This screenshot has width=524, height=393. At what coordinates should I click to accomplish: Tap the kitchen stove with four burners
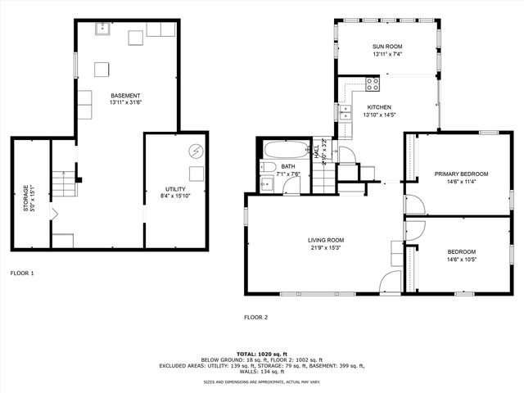(372, 83)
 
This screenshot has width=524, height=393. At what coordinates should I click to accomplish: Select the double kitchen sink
(346, 95)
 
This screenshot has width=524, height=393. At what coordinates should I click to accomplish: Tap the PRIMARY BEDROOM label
(461, 174)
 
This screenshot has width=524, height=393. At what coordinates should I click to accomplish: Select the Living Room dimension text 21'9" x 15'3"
(325, 247)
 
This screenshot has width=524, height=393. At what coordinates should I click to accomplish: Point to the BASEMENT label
(126, 95)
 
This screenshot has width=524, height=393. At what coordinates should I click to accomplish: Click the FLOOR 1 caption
(22, 272)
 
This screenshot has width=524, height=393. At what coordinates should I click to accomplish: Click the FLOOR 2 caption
(255, 317)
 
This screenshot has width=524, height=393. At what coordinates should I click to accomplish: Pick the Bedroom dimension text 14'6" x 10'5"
(461, 259)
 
